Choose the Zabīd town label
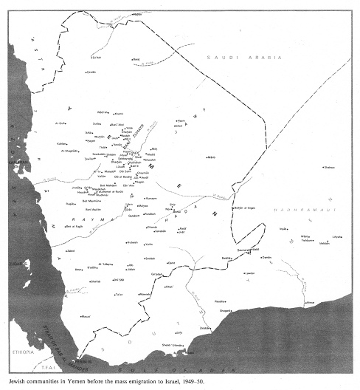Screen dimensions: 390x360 click(72, 251)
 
